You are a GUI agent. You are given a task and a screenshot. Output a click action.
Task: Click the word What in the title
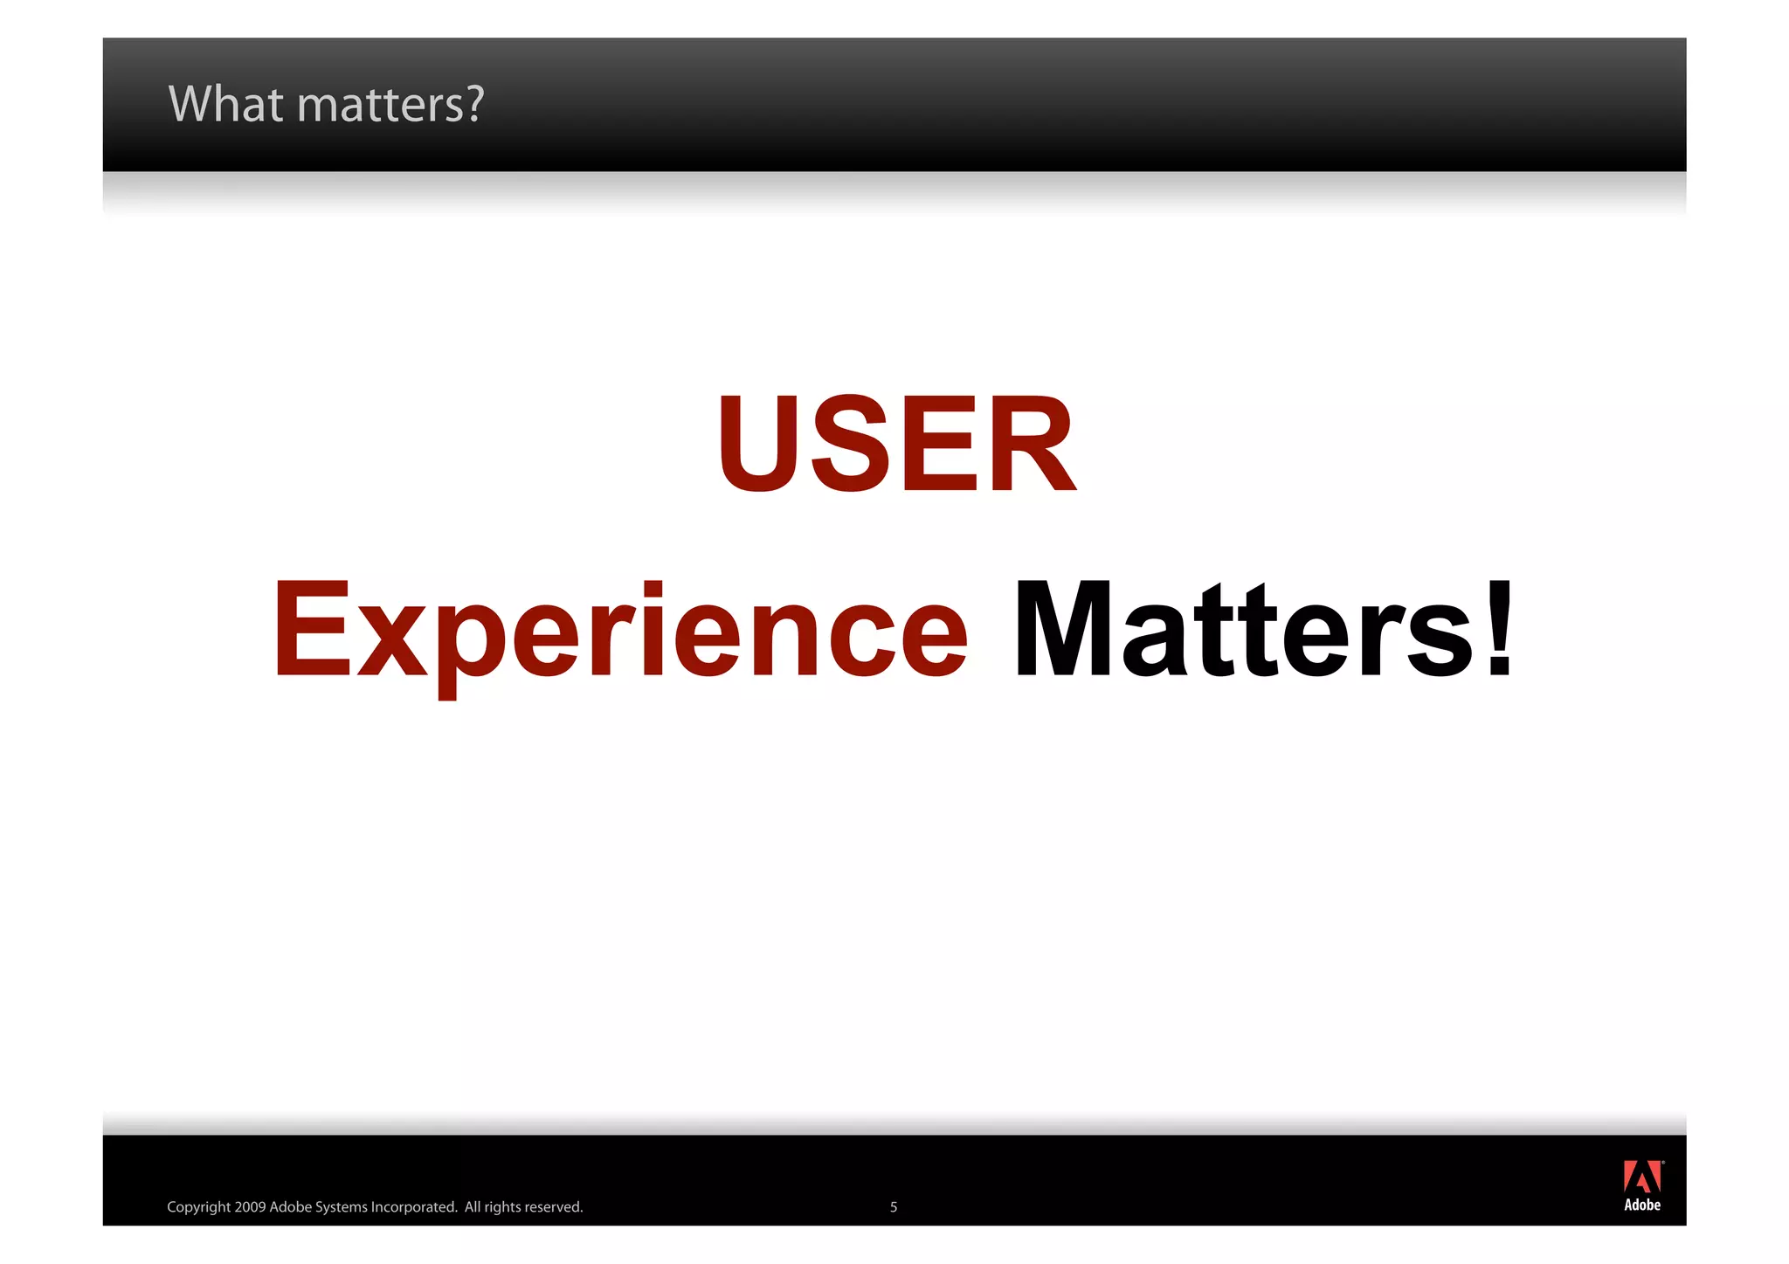click(226, 104)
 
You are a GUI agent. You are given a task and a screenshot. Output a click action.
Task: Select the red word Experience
click(620, 631)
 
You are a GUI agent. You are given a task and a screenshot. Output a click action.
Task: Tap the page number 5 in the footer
click(893, 1207)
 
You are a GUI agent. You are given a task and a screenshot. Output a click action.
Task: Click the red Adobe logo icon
click(1641, 1177)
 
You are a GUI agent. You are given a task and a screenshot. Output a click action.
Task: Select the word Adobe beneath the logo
click(1641, 1205)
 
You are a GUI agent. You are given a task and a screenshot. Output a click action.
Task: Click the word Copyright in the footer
click(198, 1207)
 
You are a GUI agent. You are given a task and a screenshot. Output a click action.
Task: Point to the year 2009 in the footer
click(250, 1207)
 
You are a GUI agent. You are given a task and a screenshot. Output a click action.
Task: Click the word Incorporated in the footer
click(413, 1207)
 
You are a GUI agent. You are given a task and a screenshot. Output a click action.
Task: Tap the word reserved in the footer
click(553, 1207)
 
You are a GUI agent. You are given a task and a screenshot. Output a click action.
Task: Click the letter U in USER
click(759, 444)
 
